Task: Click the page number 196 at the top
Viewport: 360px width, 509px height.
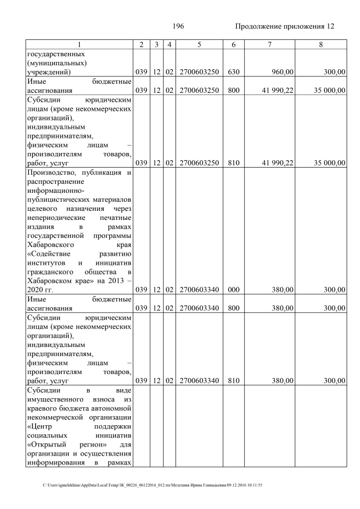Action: pos(178,26)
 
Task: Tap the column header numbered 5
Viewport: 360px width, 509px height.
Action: pos(199,44)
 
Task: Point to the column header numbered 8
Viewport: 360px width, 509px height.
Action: pos(320,44)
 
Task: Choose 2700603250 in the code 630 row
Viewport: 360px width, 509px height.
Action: pos(199,72)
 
